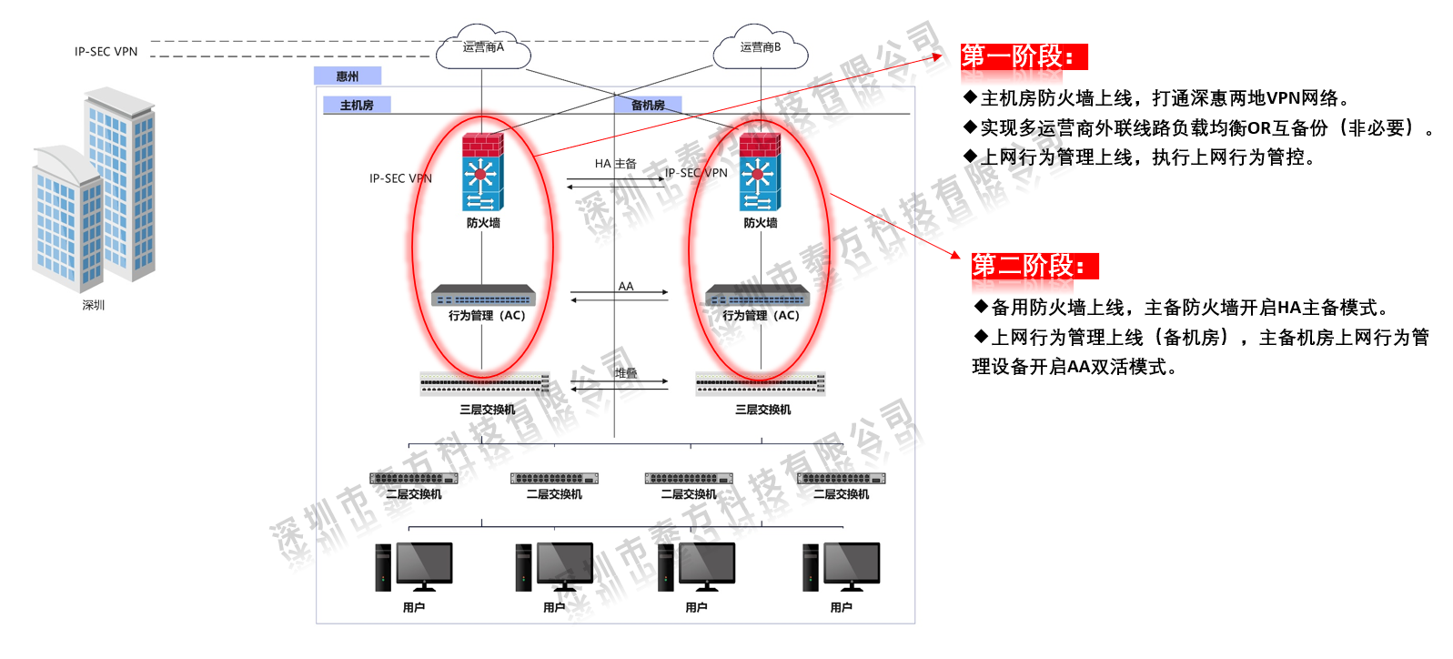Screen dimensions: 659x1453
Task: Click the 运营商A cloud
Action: coord(482,48)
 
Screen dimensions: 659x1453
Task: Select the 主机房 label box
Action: coord(357,106)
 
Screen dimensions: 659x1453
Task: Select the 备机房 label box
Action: coord(648,106)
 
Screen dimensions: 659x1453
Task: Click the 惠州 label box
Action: coord(348,76)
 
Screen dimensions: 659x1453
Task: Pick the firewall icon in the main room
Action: coord(482,173)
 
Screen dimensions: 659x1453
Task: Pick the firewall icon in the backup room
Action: coord(760,173)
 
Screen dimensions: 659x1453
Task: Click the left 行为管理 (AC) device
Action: coord(483,296)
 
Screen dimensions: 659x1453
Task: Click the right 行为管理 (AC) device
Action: coord(758,296)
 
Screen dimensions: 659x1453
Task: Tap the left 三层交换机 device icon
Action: coord(484,383)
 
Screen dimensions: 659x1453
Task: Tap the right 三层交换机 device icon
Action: coord(761,383)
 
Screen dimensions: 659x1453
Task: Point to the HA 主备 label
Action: coord(616,164)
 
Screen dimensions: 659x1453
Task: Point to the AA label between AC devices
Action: coord(626,286)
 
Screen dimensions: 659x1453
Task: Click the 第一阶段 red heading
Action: coord(1024,56)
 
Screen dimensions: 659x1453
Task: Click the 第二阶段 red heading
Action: coord(1034,266)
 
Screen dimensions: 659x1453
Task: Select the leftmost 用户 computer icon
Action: coord(414,566)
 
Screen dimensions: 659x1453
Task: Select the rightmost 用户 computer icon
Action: coord(842,566)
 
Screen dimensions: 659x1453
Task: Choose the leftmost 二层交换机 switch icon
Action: coord(414,478)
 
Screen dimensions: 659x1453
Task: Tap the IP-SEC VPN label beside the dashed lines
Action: coord(106,52)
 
